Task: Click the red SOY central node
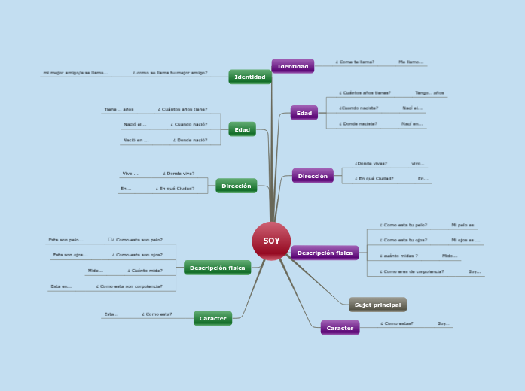tap(271, 241)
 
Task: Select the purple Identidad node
tap(292, 66)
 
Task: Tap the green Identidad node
tap(249, 77)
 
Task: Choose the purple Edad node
tap(304, 113)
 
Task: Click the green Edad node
tap(242, 129)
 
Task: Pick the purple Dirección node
tap(313, 176)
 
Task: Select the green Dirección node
tap(236, 185)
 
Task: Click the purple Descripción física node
tap(325, 253)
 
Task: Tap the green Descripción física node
tap(217, 268)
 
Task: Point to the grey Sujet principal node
tap(377, 305)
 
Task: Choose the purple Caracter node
tap(340, 328)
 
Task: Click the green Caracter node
tap(212, 318)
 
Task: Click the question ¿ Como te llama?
tap(355, 62)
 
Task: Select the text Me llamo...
tap(411, 62)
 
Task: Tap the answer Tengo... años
tap(429, 93)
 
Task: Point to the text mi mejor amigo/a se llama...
tap(75, 73)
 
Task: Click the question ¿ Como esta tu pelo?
tap(403, 225)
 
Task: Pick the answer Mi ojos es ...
tap(465, 240)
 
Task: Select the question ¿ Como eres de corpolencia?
tap(411, 271)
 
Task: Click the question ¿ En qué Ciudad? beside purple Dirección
tap(374, 179)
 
